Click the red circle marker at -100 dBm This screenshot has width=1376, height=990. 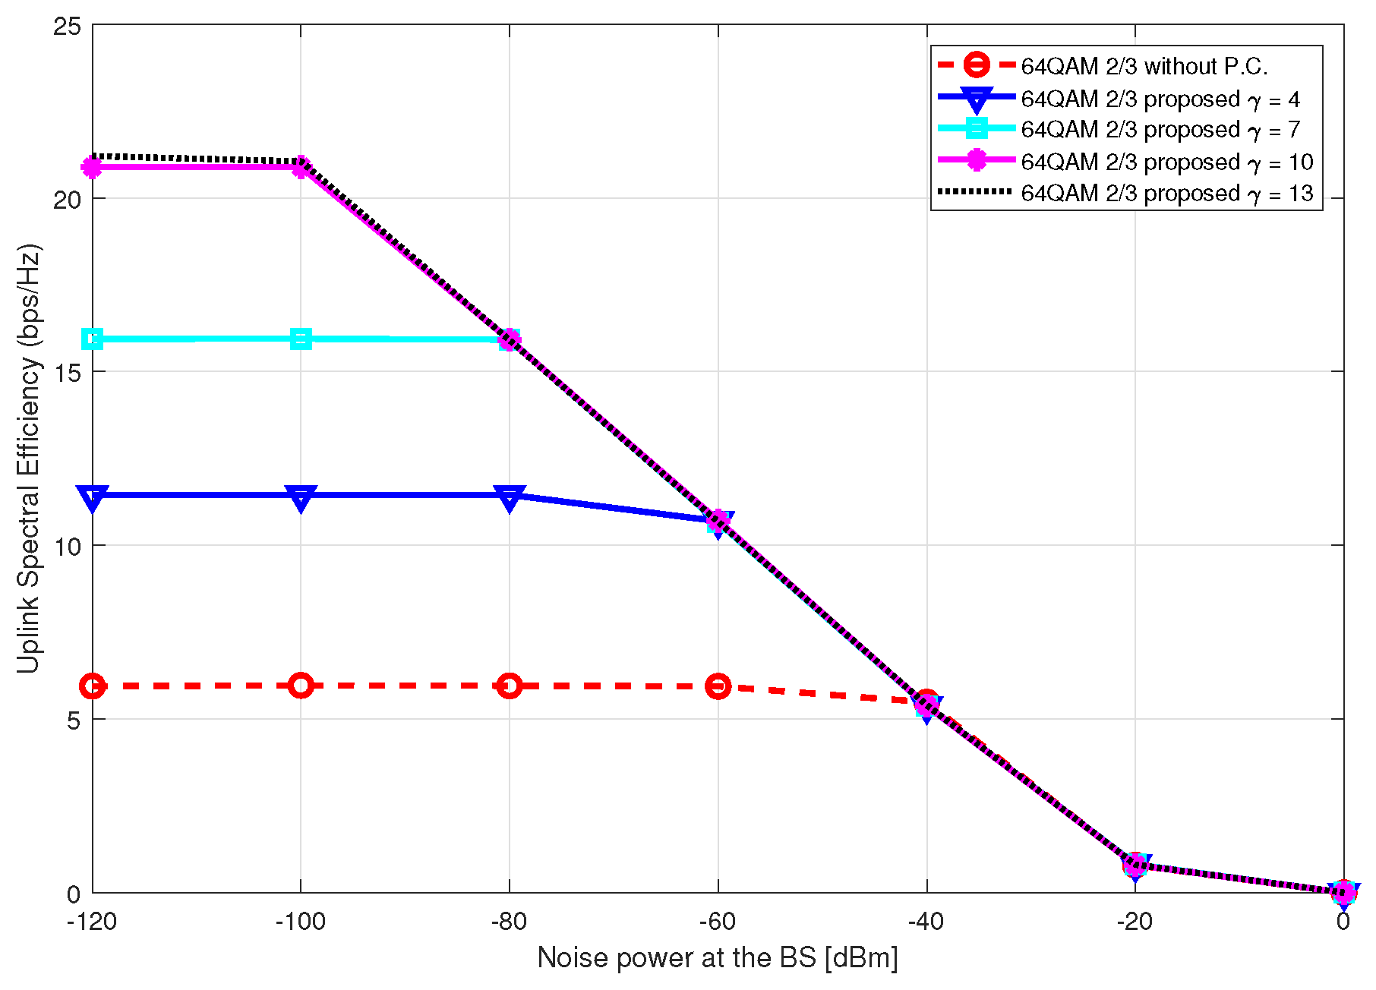coord(301,686)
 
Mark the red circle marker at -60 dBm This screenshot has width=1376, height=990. coord(718,686)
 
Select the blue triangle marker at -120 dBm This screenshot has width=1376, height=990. coord(93,498)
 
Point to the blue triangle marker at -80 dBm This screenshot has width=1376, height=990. coord(510,498)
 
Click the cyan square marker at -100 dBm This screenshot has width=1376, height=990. coord(301,339)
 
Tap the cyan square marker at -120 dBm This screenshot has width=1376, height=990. coord(93,339)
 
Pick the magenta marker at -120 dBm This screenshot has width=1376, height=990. coord(93,167)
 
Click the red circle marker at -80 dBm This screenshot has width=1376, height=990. coord(510,686)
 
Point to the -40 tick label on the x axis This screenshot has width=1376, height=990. coord(926,922)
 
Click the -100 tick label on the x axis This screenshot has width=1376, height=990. coord(300,922)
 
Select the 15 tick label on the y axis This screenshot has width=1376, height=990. coord(67,372)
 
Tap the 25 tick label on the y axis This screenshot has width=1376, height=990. coord(67,26)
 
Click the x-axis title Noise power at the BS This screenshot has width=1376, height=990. coord(717,958)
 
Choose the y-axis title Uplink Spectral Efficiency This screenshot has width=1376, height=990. coord(29,459)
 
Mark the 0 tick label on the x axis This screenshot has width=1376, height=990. coord(1343,922)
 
